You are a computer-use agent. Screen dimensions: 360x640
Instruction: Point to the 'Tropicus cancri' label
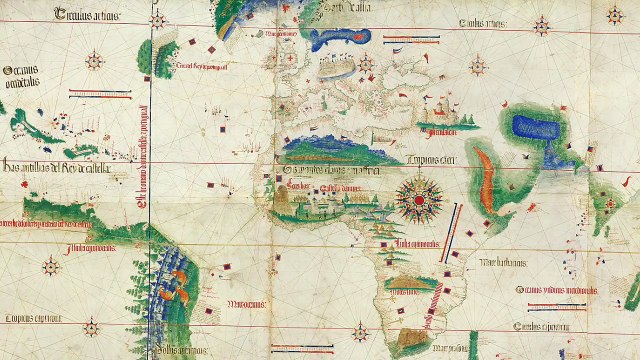[x=430, y=158]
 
